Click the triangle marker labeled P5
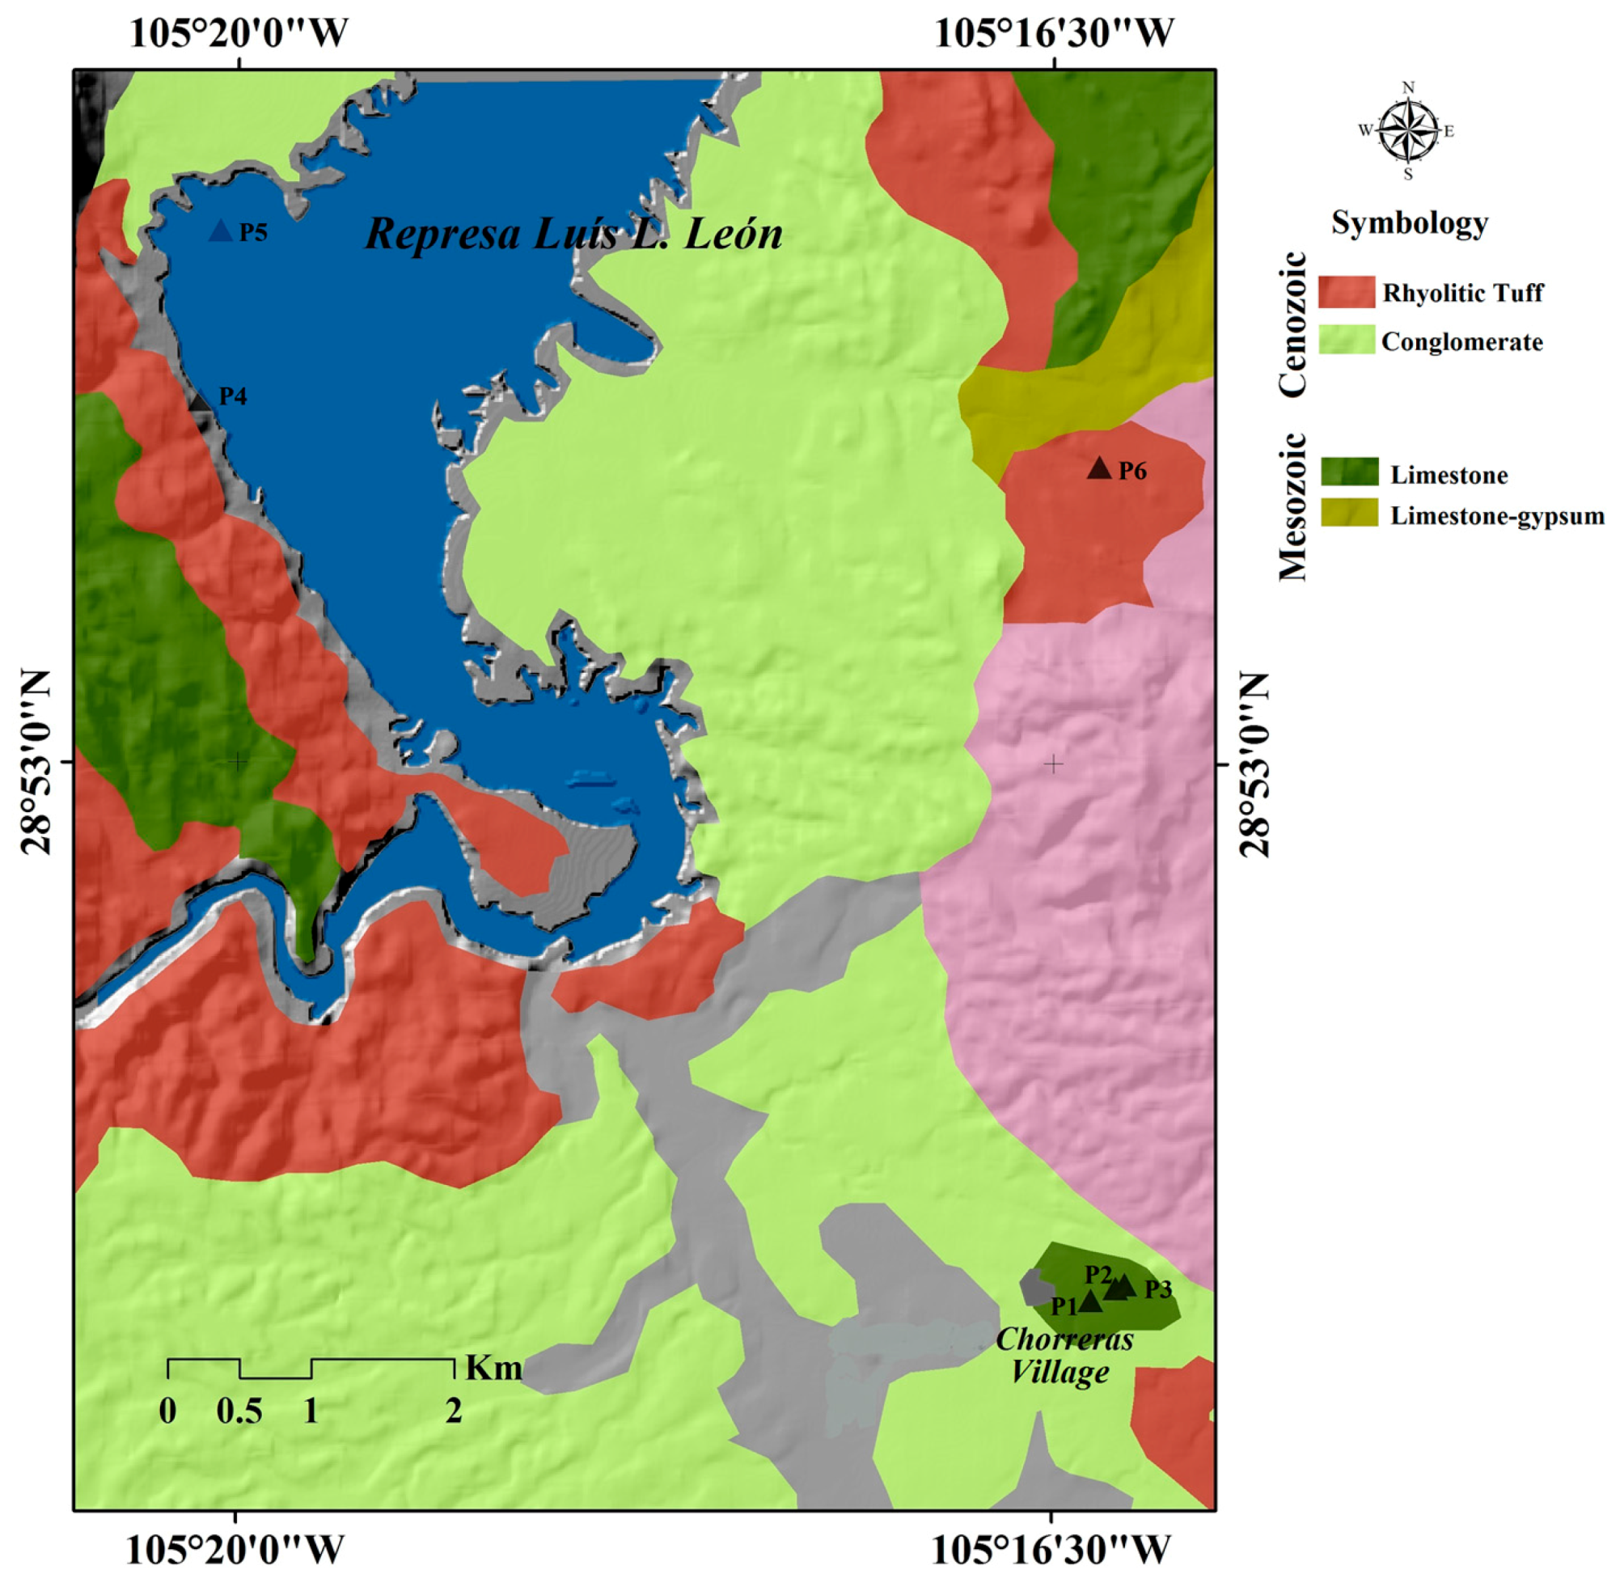point(221,231)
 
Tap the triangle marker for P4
point(200,400)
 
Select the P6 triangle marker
point(1099,469)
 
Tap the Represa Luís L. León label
point(573,234)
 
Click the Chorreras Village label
point(1064,1356)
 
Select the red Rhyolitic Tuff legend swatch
point(1346,293)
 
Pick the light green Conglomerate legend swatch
point(1346,341)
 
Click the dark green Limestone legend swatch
point(1349,472)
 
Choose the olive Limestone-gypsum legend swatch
point(1349,514)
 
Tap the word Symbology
point(1409,223)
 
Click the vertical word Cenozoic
point(1292,324)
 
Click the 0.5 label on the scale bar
point(239,1411)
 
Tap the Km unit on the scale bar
point(493,1368)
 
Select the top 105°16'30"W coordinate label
point(1053,33)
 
